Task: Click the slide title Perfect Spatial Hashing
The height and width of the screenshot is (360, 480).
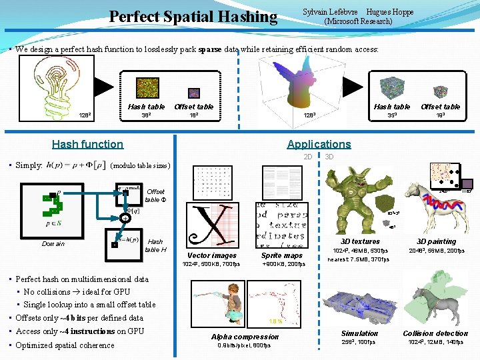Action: pyautogui.click(x=193, y=16)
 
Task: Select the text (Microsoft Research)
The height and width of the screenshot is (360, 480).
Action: pyautogui.click(x=358, y=21)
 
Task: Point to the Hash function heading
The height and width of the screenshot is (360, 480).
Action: pyautogui.click(x=87, y=144)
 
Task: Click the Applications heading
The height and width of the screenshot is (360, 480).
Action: pyautogui.click(x=319, y=144)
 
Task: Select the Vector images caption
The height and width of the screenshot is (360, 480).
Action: pyautogui.click(x=212, y=255)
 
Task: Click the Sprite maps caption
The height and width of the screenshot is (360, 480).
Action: pyautogui.click(x=282, y=255)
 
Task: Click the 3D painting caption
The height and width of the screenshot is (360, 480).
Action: pyautogui.click(x=437, y=241)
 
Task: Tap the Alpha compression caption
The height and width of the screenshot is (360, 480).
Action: pyautogui.click(x=245, y=337)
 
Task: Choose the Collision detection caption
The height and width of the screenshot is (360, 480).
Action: pyautogui.click(x=435, y=333)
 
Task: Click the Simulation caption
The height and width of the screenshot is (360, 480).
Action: pyautogui.click(x=359, y=333)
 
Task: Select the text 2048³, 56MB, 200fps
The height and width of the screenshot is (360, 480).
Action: pyautogui.click(x=437, y=251)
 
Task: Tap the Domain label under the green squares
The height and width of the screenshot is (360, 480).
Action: pyautogui.click(x=53, y=244)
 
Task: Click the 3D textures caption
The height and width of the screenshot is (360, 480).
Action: pyautogui.click(x=360, y=241)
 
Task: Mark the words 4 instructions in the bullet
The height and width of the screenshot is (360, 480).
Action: pyautogui.click(x=81, y=331)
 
